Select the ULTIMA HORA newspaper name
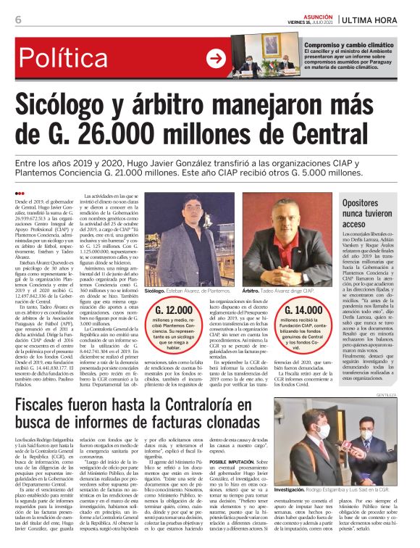(x=376, y=19)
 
